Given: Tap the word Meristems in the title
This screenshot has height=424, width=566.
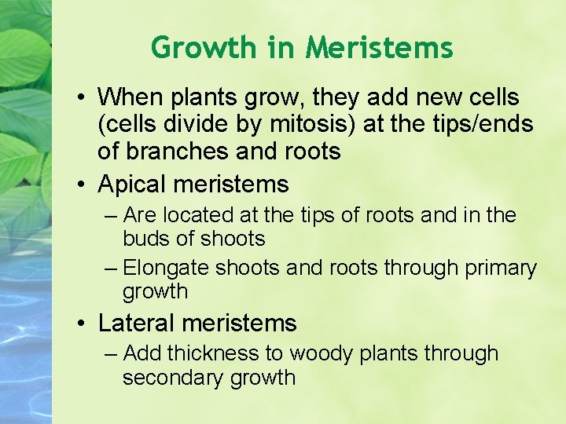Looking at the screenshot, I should [380, 48].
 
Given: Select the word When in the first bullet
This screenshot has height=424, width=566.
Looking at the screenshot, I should [127, 98].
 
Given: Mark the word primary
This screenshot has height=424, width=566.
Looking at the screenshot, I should [501, 268].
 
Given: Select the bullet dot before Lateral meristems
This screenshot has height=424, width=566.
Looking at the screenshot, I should [83, 323].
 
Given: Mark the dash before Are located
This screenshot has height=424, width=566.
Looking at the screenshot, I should [112, 216].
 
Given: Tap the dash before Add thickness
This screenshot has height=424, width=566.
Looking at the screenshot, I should [112, 355].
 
